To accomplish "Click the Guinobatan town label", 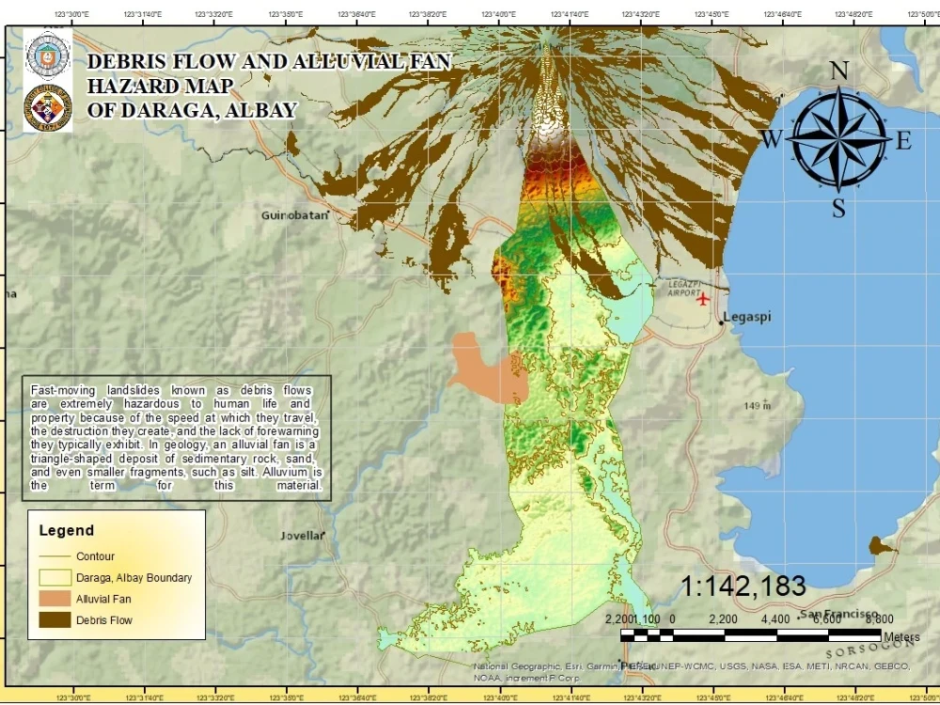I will [x=294, y=215].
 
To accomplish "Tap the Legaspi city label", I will [x=748, y=317].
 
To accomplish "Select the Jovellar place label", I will [x=302, y=536].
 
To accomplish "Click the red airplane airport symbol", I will [x=703, y=299].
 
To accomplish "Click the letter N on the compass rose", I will [x=839, y=71].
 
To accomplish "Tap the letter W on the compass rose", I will [x=771, y=140].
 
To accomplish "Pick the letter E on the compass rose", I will [x=903, y=141].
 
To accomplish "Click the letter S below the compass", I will [x=838, y=209].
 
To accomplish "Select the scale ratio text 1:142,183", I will [x=743, y=587].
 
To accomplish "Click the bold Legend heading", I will [x=66, y=530].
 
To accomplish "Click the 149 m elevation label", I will [x=757, y=406].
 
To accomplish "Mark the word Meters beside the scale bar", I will [x=901, y=637].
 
